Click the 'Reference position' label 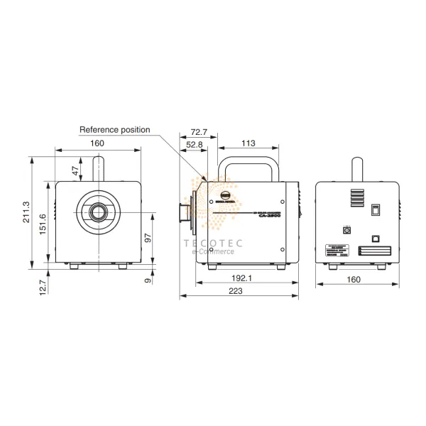(114, 130)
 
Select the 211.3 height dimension (27, 212)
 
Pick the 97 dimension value (148, 239)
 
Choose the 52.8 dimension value (194, 145)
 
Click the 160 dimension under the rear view (353, 279)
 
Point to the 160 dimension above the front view (97, 144)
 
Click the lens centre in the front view (97, 211)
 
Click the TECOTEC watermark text (213, 242)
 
